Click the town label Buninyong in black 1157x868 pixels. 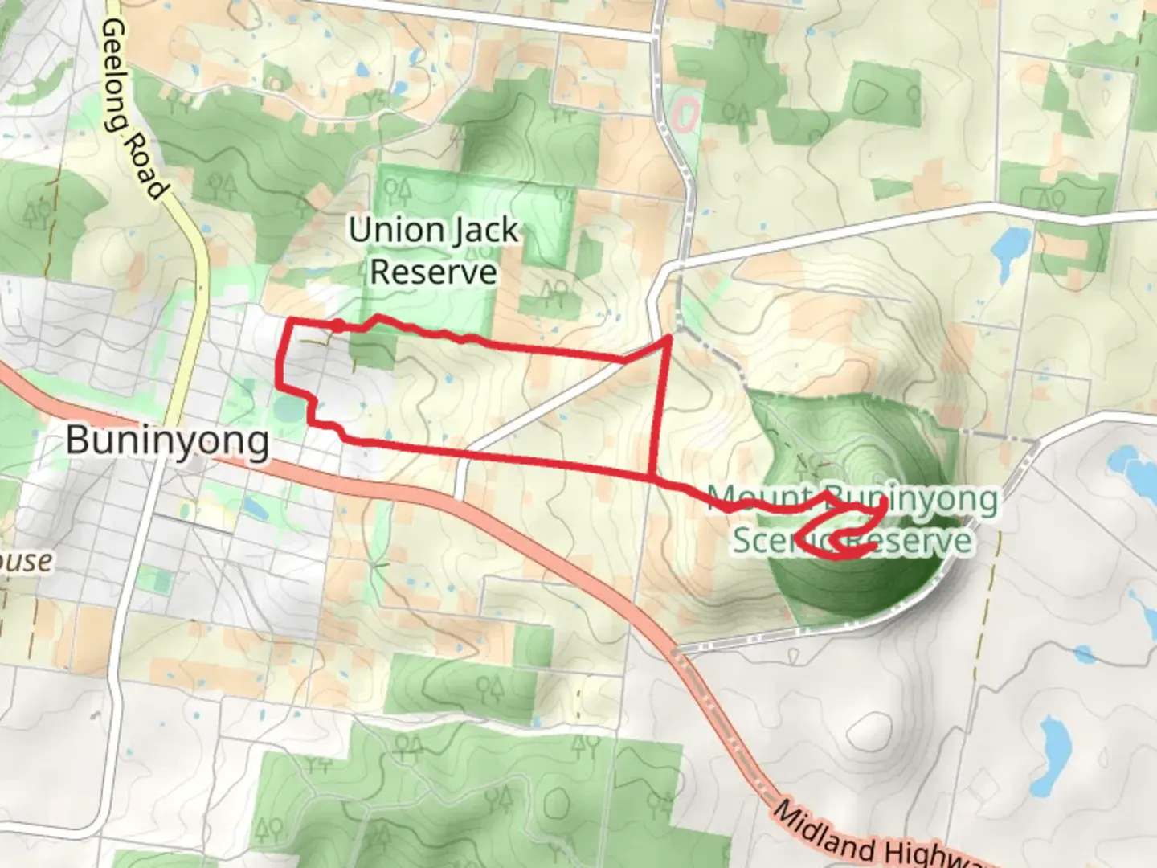167,441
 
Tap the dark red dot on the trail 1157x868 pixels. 339,325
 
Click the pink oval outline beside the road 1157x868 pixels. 684,115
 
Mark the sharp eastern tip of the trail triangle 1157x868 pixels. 668,339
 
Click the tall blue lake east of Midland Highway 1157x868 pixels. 1053,755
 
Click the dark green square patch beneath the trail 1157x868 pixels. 373,350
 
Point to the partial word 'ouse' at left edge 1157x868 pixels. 26,561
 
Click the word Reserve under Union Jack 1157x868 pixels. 433,272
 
